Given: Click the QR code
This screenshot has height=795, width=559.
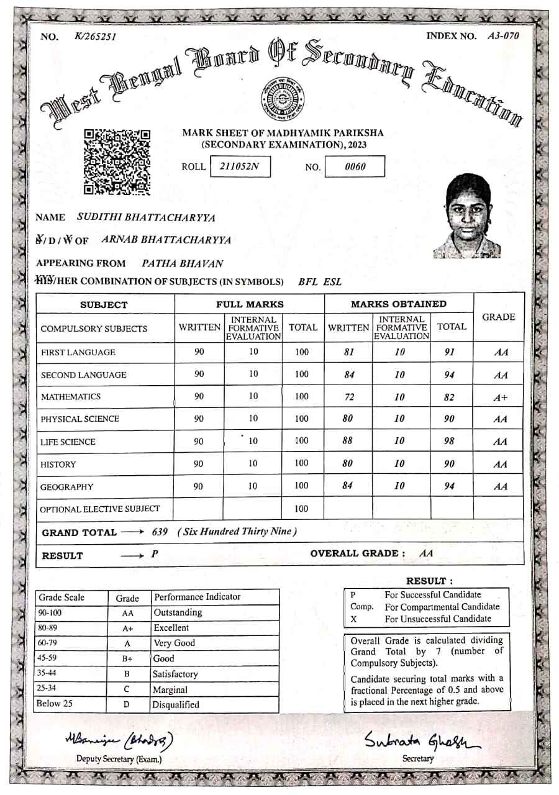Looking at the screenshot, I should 117,161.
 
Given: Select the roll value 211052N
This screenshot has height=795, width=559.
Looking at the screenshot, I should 240,166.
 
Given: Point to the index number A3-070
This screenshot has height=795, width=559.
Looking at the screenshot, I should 503,35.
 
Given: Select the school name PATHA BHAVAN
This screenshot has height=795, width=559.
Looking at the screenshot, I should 183,263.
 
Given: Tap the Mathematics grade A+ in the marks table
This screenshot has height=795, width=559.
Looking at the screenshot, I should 501,398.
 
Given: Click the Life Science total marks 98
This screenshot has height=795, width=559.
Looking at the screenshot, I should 450,441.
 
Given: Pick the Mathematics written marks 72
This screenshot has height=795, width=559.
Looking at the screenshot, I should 348,396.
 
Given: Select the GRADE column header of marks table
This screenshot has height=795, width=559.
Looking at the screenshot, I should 499,317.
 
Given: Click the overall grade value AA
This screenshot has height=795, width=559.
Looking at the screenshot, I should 427,553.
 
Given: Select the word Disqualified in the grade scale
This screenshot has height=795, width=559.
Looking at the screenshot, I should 176,705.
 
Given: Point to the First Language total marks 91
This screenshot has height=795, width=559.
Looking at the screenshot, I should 450,352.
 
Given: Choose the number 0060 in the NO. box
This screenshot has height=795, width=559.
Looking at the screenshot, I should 355,166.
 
